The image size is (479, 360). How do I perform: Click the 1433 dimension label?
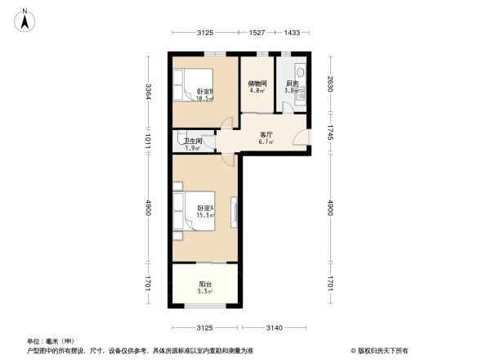click(x=292, y=32)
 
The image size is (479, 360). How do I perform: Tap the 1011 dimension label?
click(x=147, y=140)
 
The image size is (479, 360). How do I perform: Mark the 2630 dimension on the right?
click(x=329, y=85)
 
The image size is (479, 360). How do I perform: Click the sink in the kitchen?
click(x=300, y=71)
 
